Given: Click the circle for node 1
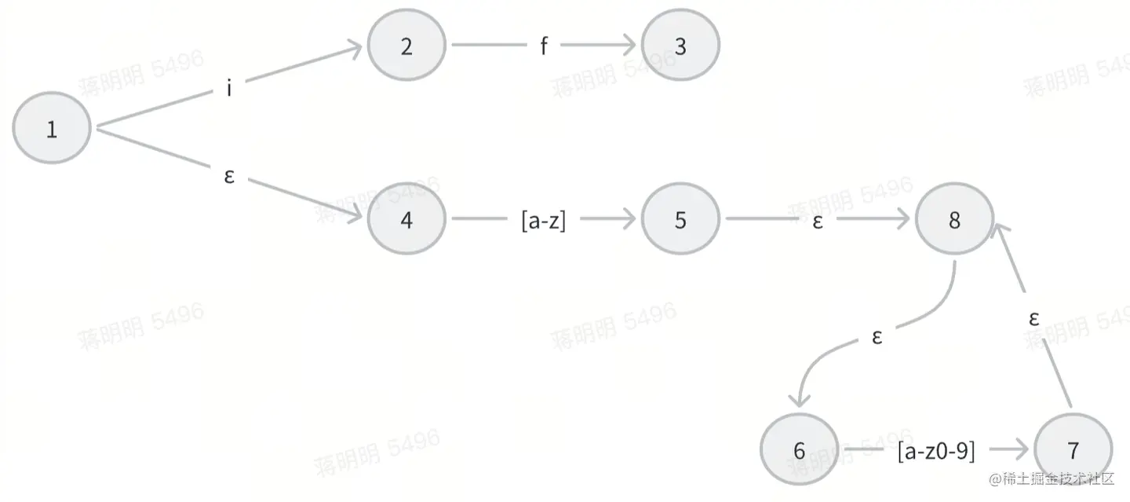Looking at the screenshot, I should click(x=52, y=128).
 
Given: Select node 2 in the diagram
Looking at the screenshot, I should click(x=406, y=46).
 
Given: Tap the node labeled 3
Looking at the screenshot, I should click(x=680, y=46).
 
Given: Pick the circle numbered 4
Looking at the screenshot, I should click(x=406, y=219).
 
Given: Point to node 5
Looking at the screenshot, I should click(x=680, y=219).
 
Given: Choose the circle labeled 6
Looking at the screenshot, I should click(x=799, y=450).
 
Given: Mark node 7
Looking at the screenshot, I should click(x=1073, y=450).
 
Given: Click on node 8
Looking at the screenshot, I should click(x=954, y=219).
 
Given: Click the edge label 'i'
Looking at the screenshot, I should click(x=229, y=89).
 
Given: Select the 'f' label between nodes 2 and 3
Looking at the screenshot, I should click(x=543, y=46).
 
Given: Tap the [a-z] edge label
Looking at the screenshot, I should click(x=543, y=220).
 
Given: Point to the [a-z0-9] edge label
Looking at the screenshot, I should click(x=936, y=451).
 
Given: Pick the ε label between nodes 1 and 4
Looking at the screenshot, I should click(x=229, y=175).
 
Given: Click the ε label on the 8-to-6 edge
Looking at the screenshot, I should click(x=877, y=337).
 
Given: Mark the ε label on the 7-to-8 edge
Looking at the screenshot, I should click(x=1034, y=318).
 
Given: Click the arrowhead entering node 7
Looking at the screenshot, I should click(x=1022, y=450).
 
